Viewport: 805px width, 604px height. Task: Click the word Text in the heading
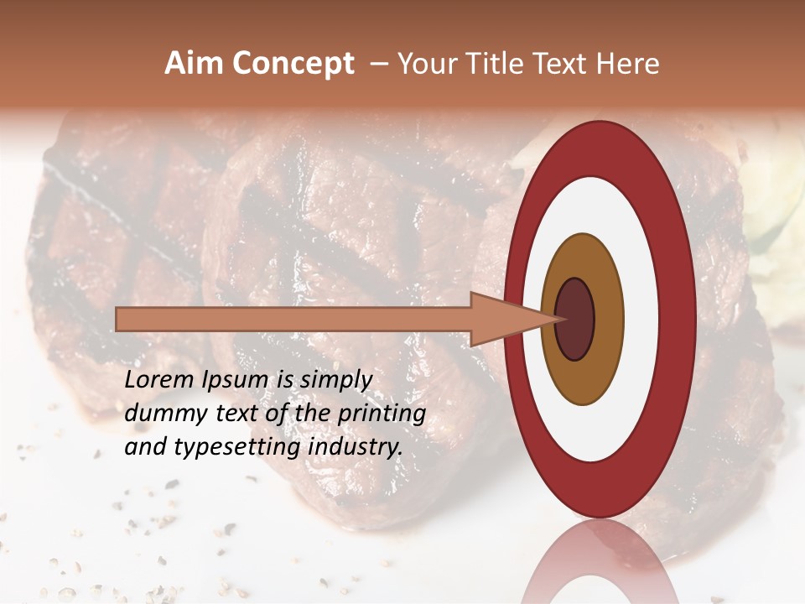point(563,64)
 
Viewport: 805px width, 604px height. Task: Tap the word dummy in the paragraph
point(162,414)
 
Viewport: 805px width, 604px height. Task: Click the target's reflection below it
point(600,562)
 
